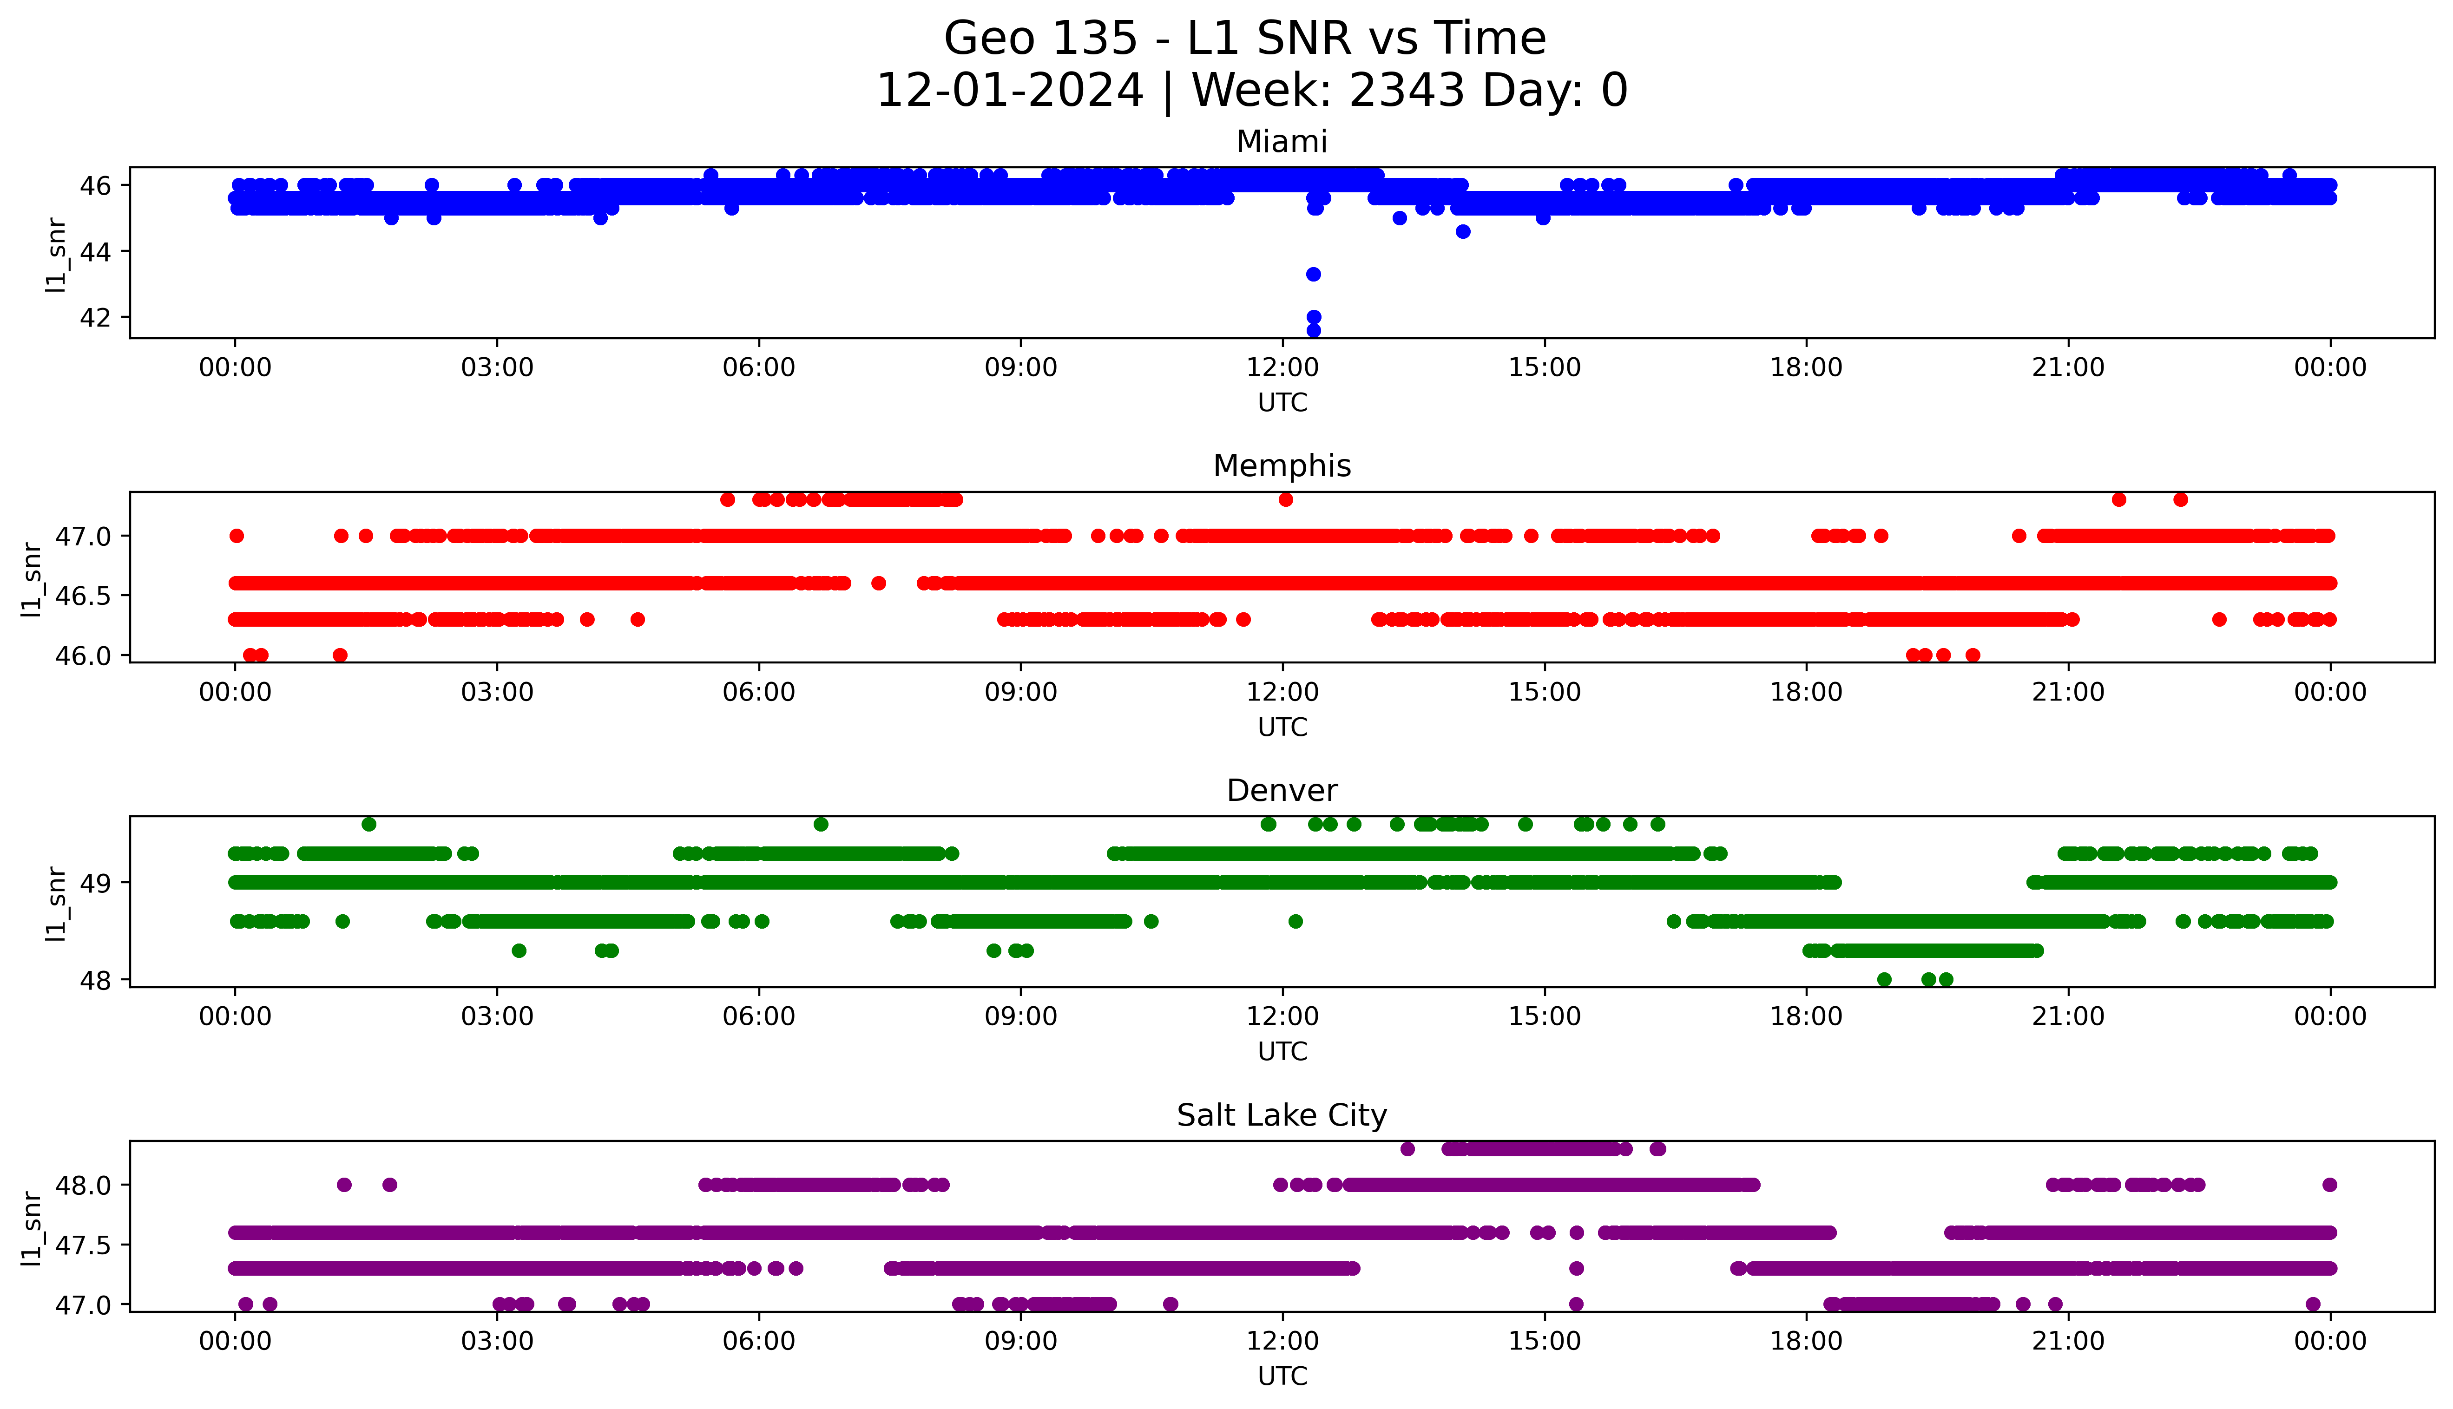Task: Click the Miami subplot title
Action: [1281, 142]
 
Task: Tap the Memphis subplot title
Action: [1281, 466]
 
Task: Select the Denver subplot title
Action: [1281, 791]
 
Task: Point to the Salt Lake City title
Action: [1281, 1116]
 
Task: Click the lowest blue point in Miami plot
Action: [1313, 330]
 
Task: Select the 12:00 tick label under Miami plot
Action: [1282, 368]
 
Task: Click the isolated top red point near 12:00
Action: [1285, 499]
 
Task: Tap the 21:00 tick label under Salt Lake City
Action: [2068, 1341]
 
